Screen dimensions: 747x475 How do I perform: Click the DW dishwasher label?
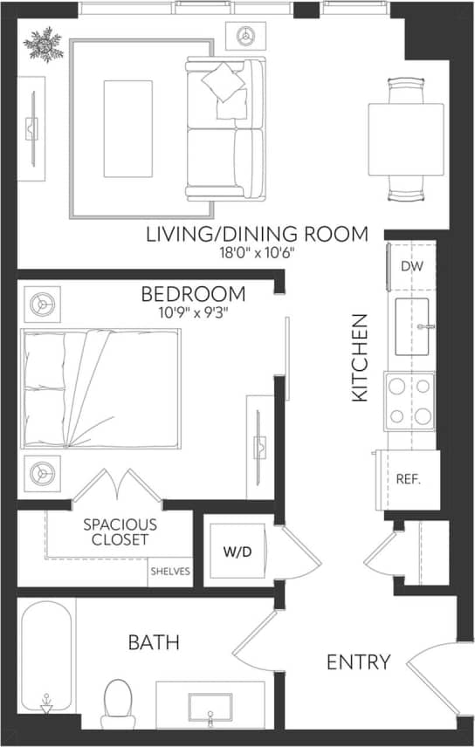point(411,266)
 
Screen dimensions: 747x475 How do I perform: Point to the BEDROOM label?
point(195,293)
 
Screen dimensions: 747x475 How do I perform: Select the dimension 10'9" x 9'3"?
point(195,311)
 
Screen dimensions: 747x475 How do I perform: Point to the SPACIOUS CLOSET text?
point(120,532)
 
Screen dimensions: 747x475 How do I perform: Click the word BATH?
point(154,643)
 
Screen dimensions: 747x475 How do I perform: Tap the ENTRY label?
point(358,662)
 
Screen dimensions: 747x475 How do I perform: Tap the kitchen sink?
point(415,327)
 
